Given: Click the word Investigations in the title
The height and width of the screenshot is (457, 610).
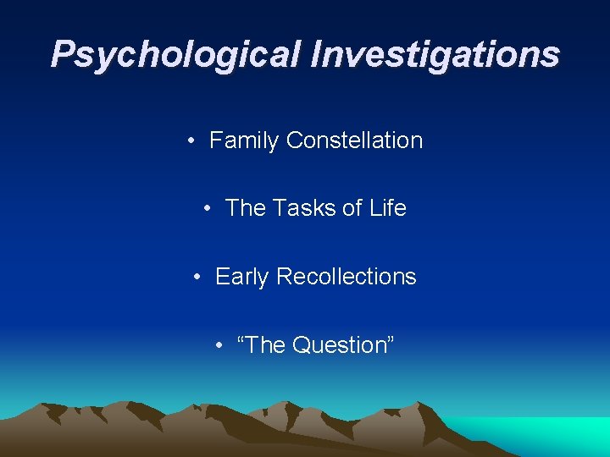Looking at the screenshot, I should [435, 55].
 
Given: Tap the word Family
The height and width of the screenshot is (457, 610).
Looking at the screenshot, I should [244, 140].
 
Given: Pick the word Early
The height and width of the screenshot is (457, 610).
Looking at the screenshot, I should [242, 277].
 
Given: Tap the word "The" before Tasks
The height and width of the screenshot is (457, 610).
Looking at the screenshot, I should [246, 208].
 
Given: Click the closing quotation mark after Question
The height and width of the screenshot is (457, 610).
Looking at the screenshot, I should [389, 339].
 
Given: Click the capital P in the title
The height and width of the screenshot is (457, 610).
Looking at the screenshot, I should [61, 55].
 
